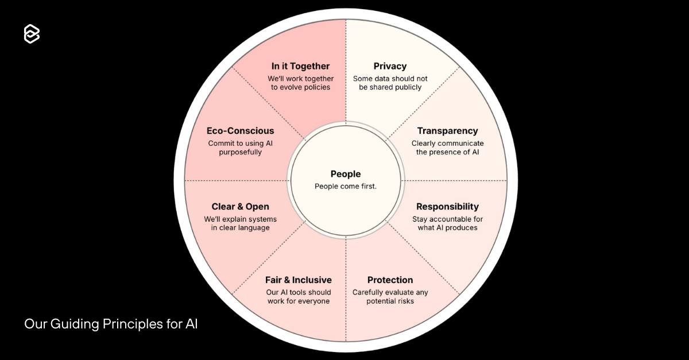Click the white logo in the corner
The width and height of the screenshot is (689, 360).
click(x=32, y=34)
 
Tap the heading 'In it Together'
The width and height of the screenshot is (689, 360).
click(x=300, y=66)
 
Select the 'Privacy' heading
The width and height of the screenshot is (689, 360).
click(x=390, y=66)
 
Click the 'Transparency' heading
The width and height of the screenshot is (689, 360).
click(x=447, y=131)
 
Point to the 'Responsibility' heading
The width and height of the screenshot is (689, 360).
click(x=447, y=207)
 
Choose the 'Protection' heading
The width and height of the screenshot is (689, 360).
click(x=390, y=280)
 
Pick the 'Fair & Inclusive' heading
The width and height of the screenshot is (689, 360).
click(x=298, y=280)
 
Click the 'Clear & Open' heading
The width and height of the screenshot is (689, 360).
click(x=240, y=207)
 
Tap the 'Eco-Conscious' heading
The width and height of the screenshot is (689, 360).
click(x=240, y=131)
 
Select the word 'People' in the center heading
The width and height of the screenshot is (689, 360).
click(x=346, y=174)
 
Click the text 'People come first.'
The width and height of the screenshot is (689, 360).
click(x=346, y=186)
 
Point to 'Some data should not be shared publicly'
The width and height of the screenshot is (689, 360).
click(x=390, y=83)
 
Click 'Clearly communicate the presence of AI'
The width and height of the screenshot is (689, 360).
click(x=447, y=148)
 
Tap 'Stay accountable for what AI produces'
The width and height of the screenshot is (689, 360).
click(x=447, y=223)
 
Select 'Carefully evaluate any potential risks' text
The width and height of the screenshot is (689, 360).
click(x=390, y=297)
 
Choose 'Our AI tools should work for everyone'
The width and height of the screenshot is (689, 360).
click(x=298, y=297)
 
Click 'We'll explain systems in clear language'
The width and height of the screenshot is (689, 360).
click(x=240, y=223)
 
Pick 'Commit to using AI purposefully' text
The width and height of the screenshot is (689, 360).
click(x=240, y=148)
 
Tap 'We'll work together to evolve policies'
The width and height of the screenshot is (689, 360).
click(x=300, y=83)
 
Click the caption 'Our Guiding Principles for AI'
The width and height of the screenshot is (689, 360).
click(x=111, y=324)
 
